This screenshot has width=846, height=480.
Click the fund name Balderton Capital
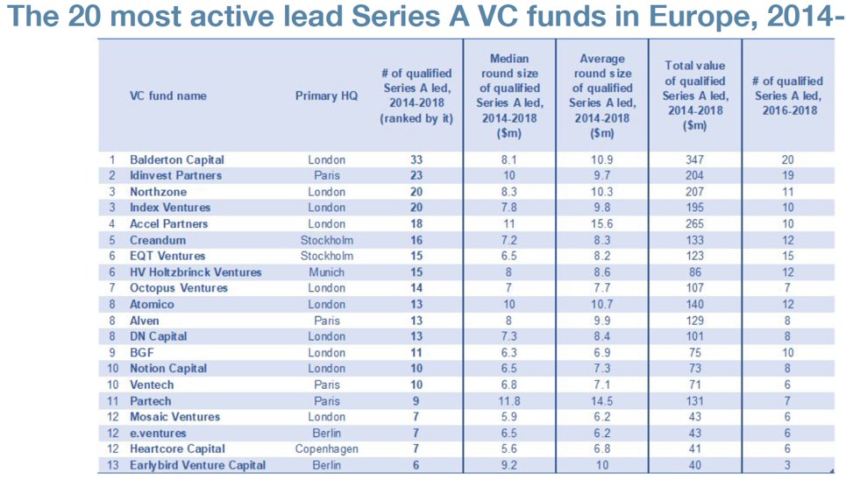click(x=176, y=159)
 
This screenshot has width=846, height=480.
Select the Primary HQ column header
click(x=326, y=96)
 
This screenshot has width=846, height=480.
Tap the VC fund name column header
click(x=167, y=96)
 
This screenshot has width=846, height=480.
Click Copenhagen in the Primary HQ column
click(x=326, y=448)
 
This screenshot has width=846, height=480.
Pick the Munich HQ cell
click(x=326, y=272)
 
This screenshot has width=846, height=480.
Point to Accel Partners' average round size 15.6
click(x=601, y=224)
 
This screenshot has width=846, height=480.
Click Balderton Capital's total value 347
click(x=694, y=159)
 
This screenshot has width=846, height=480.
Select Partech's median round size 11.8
click(x=508, y=401)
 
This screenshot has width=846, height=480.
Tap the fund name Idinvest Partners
click(x=175, y=176)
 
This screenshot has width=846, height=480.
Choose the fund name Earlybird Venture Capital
click(x=197, y=465)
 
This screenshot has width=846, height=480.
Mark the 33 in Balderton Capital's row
click(x=416, y=159)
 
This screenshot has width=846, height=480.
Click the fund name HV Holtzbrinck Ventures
click(x=196, y=272)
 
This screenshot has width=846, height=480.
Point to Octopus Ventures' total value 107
click(x=694, y=288)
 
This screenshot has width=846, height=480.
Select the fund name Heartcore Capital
click(x=177, y=448)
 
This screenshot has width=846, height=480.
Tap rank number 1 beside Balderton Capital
click(x=112, y=159)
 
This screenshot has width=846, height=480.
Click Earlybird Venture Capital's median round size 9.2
click(x=508, y=465)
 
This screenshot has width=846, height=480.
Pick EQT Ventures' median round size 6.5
click(x=508, y=256)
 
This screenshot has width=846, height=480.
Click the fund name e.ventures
click(x=158, y=433)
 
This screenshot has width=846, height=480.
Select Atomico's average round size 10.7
click(x=601, y=304)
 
